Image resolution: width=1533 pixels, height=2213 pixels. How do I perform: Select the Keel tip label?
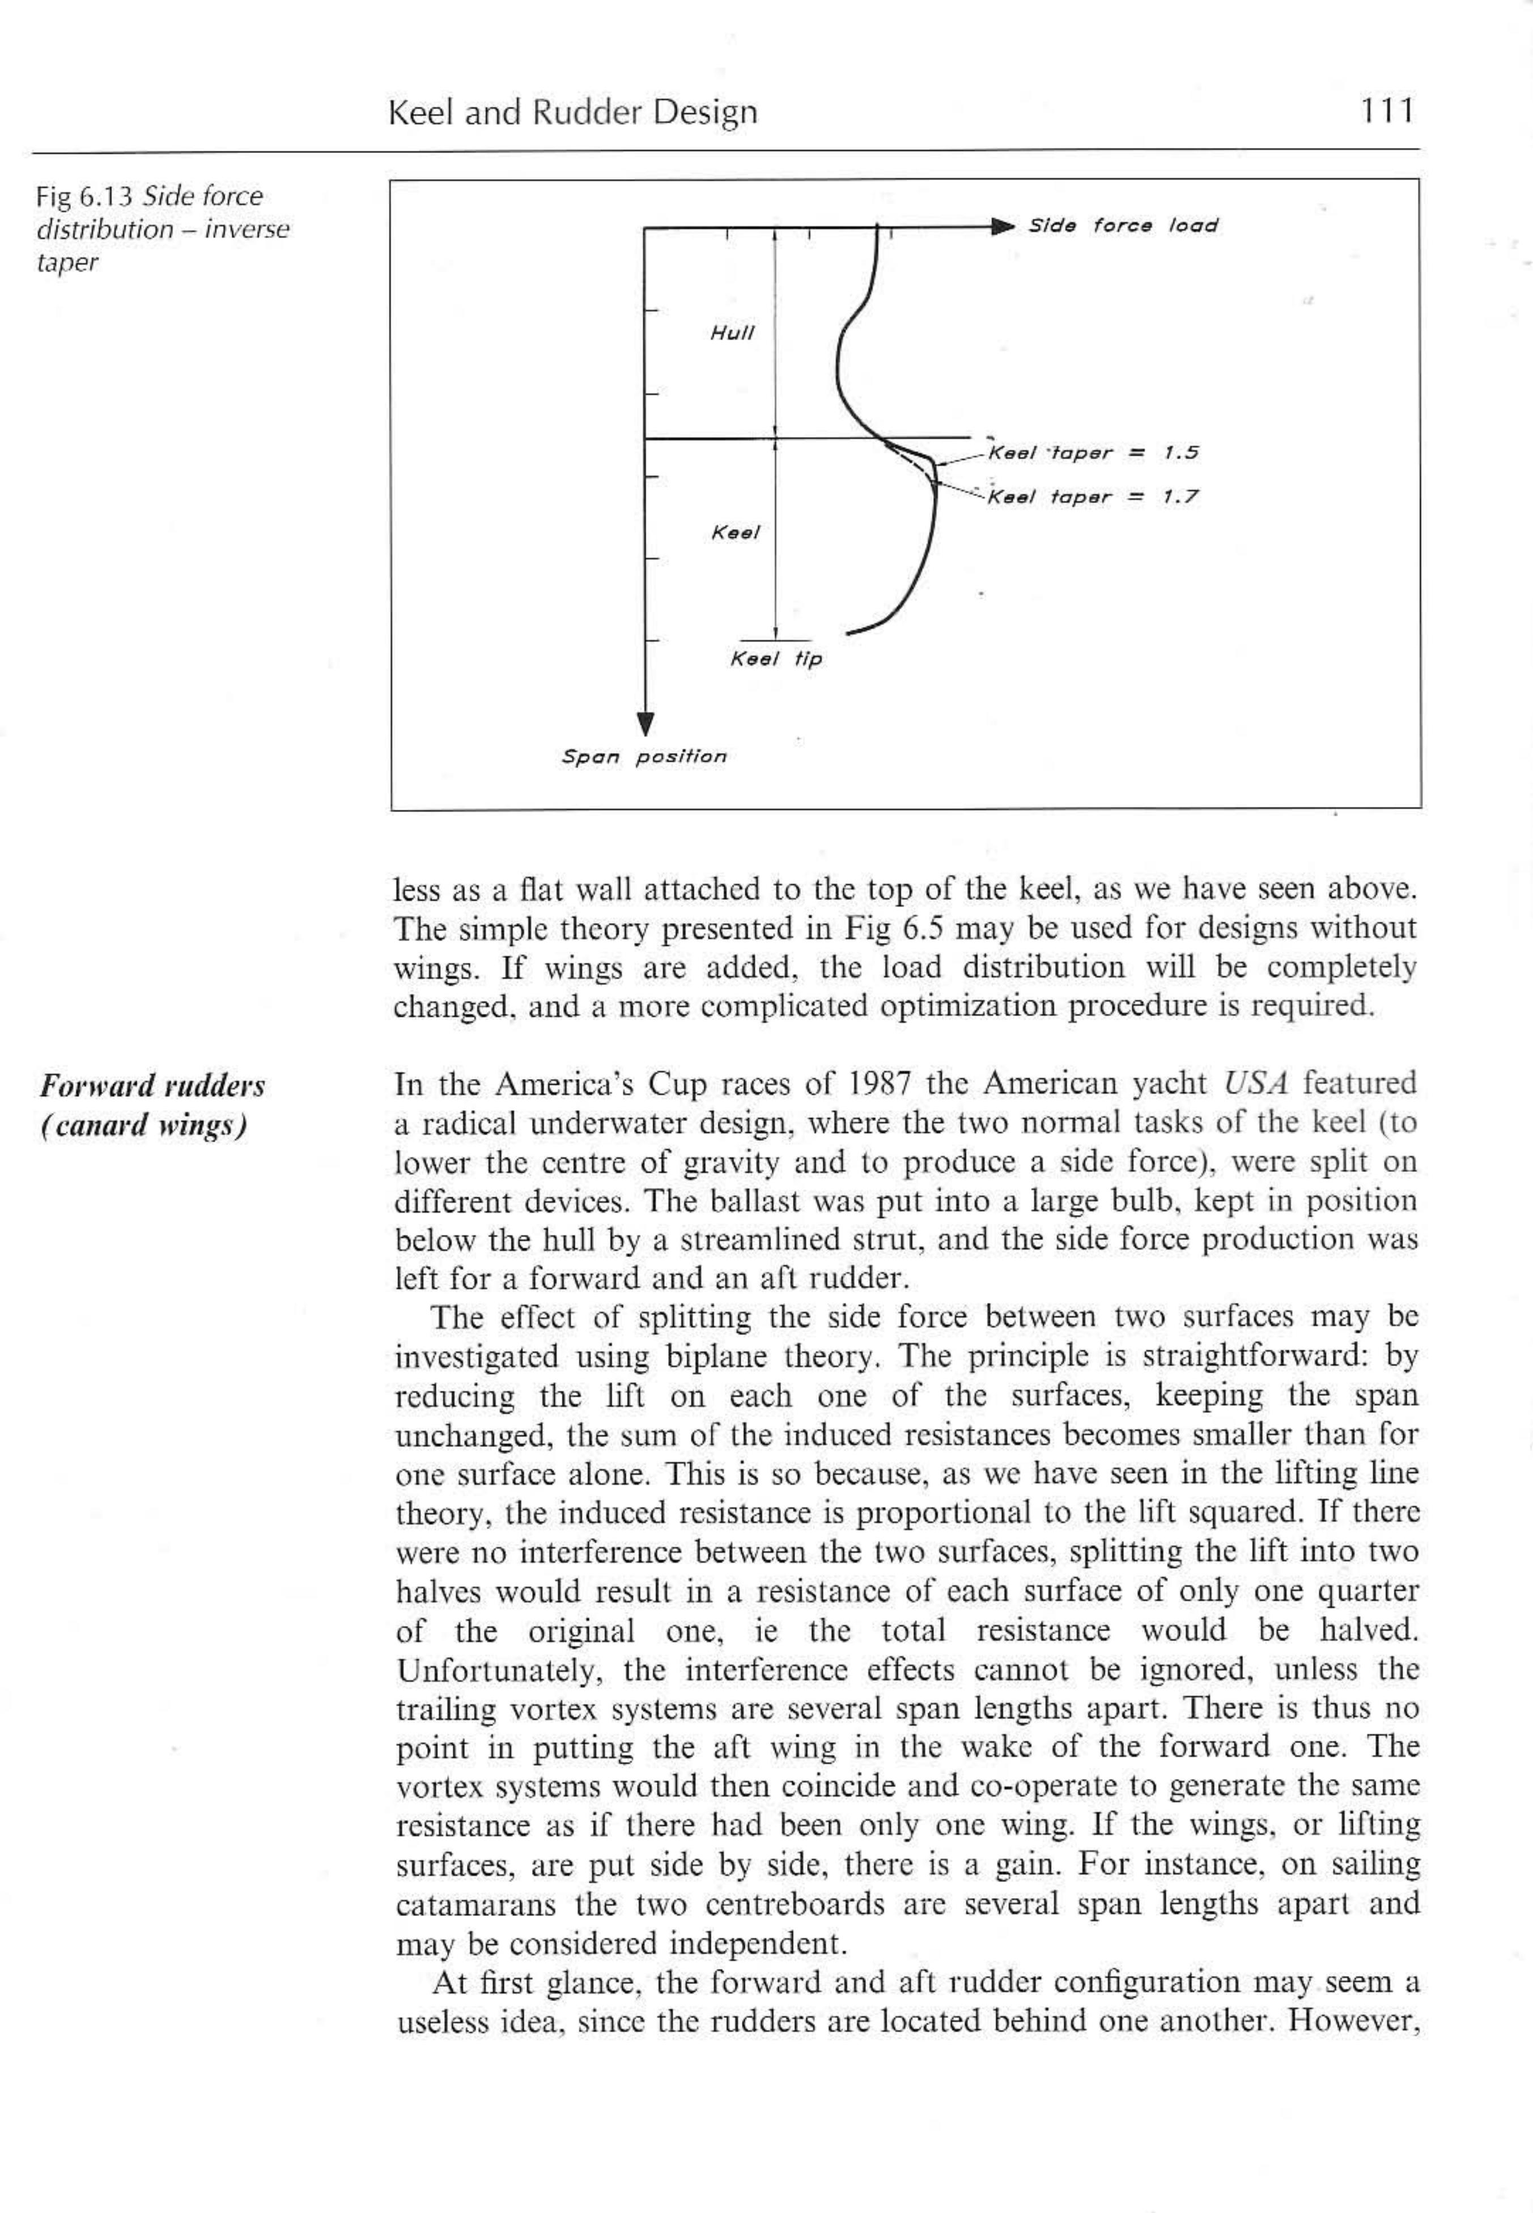tap(776, 659)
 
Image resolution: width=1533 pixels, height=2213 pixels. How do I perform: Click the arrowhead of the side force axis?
tap(1002, 227)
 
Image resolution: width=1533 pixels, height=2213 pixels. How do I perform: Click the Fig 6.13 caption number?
tap(83, 197)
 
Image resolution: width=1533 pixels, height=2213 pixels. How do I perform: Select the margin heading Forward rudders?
tap(152, 1085)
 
